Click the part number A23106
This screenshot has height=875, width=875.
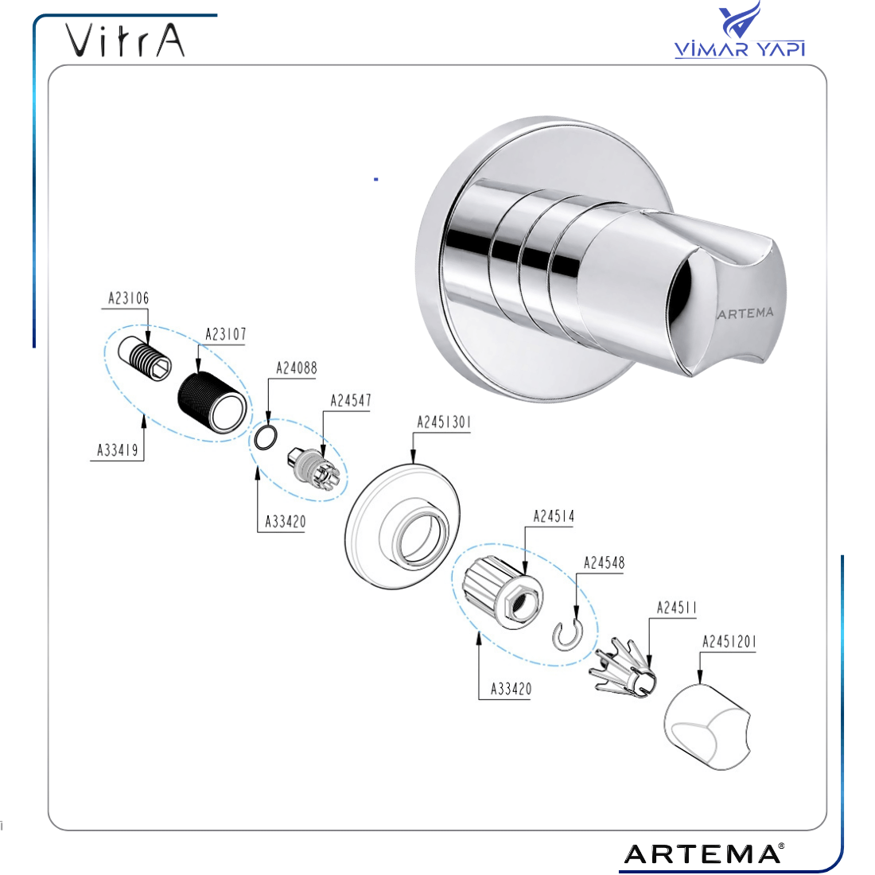click(x=128, y=298)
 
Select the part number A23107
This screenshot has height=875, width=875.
click(x=225, y=334)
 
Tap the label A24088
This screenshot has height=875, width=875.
click(x=297, y=368)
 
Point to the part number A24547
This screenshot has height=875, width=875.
click(x=351, y=401)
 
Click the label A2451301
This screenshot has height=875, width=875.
click(x=444, y=422)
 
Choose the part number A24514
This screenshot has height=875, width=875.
click(x=554, y=516)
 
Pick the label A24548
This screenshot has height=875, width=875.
click(x=604, y=562)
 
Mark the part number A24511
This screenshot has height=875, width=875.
click(x=677, y=608)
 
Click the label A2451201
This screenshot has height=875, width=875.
click(x=729, y=642)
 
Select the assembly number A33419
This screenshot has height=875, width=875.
click(x=117, y=450)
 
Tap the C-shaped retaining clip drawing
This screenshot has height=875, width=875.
click(x=567, y=636)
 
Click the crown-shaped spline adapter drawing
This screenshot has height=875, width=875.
click(x=624, y=668)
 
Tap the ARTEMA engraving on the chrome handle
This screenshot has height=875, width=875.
click(x=745, y=313)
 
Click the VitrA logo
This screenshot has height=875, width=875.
click(x=125, y=41)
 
